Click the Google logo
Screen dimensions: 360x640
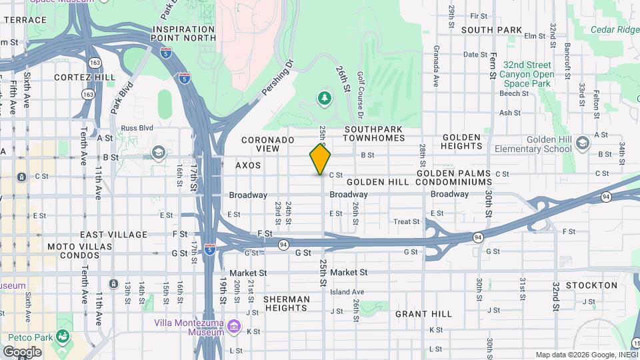(x=22, y=351)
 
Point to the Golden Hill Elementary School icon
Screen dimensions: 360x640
(x=583, y=144)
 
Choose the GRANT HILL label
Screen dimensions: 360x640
(x=423, y=313)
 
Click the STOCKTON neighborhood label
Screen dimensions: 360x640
(x=591, y=285)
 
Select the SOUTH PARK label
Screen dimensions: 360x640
(x=491, y=30)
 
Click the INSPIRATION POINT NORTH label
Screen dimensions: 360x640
(x=184, y=34)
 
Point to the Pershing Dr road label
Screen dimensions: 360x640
(x=277, y=77)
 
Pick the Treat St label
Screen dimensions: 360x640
(x=407, y=221)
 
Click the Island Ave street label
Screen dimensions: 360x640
(x=347, y=292)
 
